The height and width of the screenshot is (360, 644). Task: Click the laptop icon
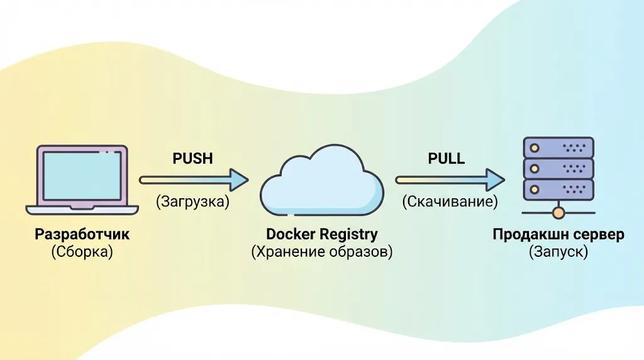tap(82, 179)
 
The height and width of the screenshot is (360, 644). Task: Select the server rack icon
tap(558, 169)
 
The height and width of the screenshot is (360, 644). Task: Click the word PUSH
tap(192, 159)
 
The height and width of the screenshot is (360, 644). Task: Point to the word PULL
tap(447, 159)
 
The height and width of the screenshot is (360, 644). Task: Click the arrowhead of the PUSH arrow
tap(238, 180)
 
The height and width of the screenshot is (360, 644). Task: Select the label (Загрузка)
tap(192, 202)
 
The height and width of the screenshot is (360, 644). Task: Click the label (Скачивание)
tap(450, 202)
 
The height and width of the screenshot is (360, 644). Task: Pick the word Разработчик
tap(82, 235)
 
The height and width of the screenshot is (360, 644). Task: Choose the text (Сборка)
tap(82, 252)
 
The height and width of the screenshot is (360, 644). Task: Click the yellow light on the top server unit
tap(535, 149)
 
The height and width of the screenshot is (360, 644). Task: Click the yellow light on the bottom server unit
tap(535, 188)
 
